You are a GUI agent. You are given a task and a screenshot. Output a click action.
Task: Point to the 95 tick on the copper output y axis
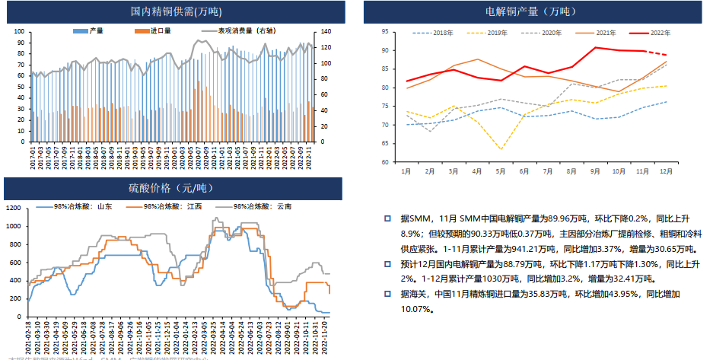(x=385, y=32)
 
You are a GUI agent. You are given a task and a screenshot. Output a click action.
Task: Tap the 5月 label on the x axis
(x=500, y=172)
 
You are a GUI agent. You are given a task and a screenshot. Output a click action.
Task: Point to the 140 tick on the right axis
(x=326, y=31)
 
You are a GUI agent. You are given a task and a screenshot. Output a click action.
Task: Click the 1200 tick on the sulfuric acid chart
(x=14, y=207)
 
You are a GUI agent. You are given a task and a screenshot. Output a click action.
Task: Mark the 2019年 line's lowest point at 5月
(x=500, y=148)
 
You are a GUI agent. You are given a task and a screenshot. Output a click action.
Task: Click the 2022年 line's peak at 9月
(x=596, y=47)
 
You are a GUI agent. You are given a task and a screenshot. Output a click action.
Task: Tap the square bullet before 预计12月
(x=387, y=264)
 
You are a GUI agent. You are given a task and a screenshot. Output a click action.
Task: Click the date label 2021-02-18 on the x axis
(x=29, y=339)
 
